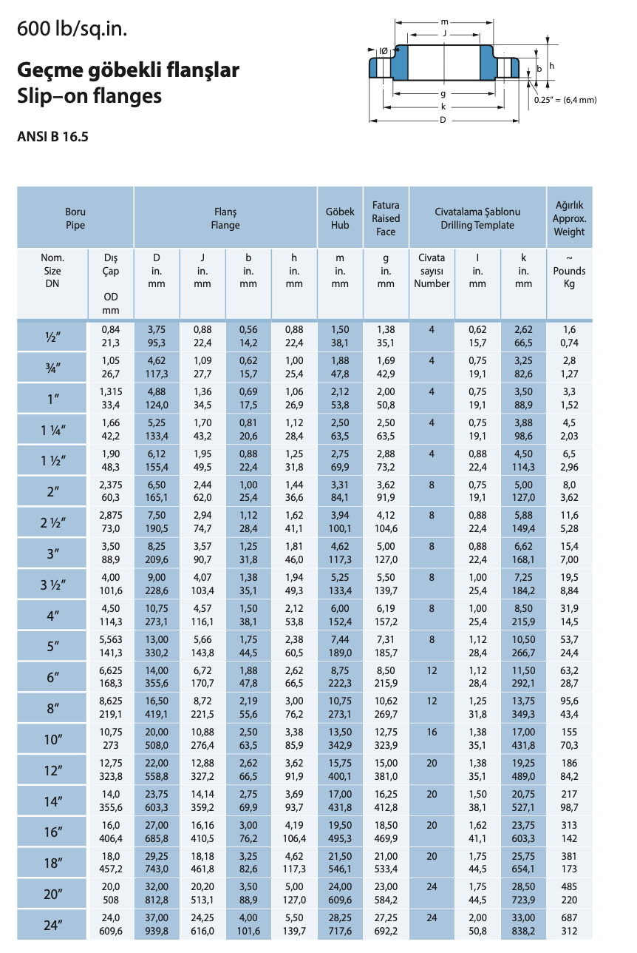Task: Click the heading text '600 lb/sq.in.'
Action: tap(72, 29)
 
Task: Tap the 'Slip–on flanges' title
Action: tap(89, 96)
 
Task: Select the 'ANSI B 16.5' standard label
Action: tap(52, 136)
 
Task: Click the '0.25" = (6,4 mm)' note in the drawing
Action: tap(565, 100)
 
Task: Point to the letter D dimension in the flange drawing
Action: tap(443, 121)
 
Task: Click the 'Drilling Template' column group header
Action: tap(477, 218)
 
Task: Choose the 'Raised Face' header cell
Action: tap(386, 218)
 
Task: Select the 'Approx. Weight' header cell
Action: tap(569, 218)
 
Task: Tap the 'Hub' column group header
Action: tap(340, 218)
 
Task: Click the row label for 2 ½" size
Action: tap(52, 523)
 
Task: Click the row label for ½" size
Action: tap(52, 337)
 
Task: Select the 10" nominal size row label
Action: tap(52, 739)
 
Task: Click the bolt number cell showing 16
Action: tap(432, 732)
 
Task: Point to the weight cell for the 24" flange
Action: tap(569, 925)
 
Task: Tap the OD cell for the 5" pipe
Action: tap(110, 646)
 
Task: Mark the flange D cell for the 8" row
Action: tap(157, 707)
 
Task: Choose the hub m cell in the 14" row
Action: tap(340, 801)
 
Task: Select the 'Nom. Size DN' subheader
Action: tap(52, 271)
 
